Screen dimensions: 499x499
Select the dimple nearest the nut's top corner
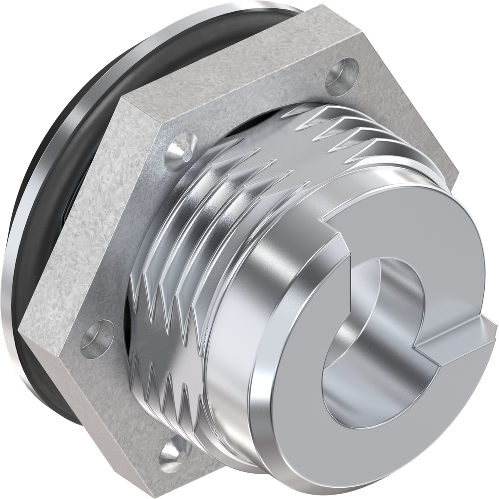[x=341, y=73]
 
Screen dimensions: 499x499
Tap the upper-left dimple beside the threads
[x=183, y=149]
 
